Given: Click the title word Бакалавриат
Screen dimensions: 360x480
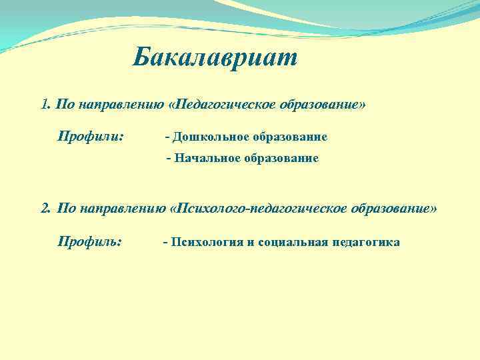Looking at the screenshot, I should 215,58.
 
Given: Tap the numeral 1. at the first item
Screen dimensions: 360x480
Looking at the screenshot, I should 45,105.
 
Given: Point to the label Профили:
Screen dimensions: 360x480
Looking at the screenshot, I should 90,137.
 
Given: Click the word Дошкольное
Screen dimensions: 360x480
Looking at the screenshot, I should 210,137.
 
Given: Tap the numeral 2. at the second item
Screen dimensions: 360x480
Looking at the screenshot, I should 46,208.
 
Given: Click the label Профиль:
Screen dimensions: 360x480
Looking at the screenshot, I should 90,241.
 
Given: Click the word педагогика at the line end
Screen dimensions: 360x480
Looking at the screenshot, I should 366,241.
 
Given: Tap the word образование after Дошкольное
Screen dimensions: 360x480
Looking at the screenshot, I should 290,137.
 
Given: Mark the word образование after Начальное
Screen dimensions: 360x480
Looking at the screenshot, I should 281,159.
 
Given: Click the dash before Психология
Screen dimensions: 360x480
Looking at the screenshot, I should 165,241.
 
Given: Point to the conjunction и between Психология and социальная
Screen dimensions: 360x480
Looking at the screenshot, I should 251,241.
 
